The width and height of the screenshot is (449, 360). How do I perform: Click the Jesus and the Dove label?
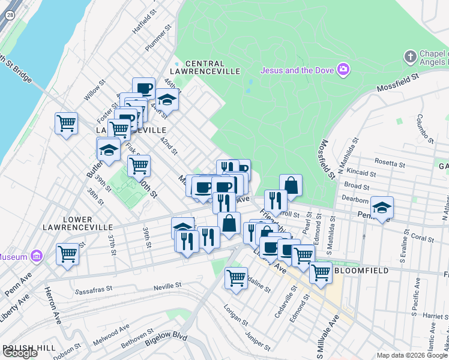click(297, 70)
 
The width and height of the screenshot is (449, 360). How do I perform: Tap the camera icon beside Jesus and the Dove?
click(343, 70)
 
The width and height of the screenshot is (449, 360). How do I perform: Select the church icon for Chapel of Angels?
click(411, 57)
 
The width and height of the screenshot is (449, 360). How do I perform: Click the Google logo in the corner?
click(20, 353)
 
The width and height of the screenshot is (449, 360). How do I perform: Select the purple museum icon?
click(37, 257)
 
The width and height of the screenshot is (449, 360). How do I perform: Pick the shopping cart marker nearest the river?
click(66, 124)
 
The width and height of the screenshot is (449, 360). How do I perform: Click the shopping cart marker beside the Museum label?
click(67, 253)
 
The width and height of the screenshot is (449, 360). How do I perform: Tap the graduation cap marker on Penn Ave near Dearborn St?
click(381, 208)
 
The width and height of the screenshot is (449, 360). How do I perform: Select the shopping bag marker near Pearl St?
click(291, 185)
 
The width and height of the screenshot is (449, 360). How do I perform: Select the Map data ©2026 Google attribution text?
click(412, 355)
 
